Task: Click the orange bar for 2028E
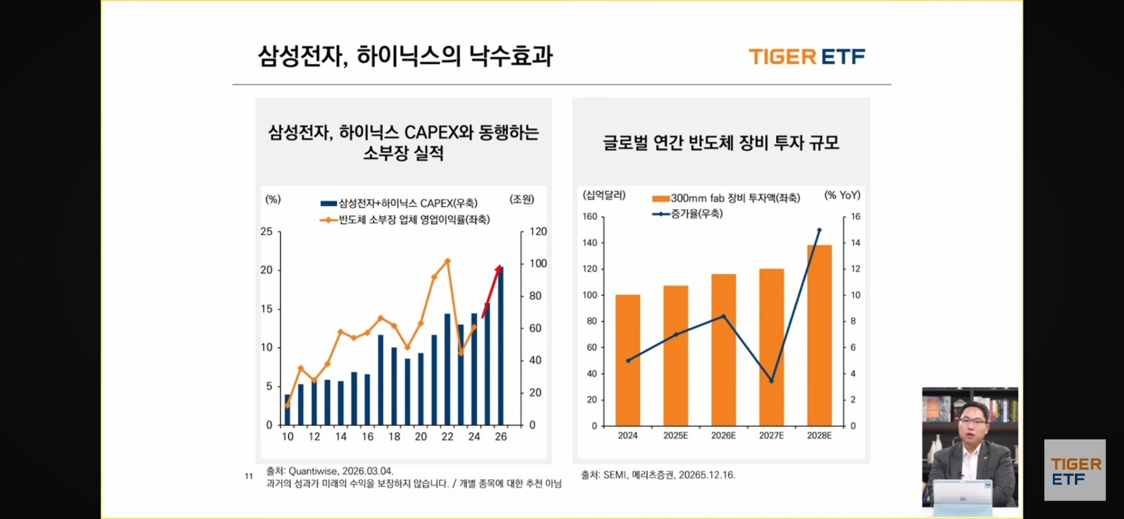819,336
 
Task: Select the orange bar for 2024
628,360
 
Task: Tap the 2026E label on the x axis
724,435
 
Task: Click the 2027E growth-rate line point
771,381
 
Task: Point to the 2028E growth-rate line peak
819,230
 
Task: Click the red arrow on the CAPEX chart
492,290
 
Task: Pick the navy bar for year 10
287,410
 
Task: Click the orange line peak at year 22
447,261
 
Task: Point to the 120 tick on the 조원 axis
539,232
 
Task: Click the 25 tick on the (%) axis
267,232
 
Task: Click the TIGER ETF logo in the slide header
806,56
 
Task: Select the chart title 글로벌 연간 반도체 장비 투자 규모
720,144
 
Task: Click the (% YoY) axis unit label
842,195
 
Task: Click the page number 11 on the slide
249,476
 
